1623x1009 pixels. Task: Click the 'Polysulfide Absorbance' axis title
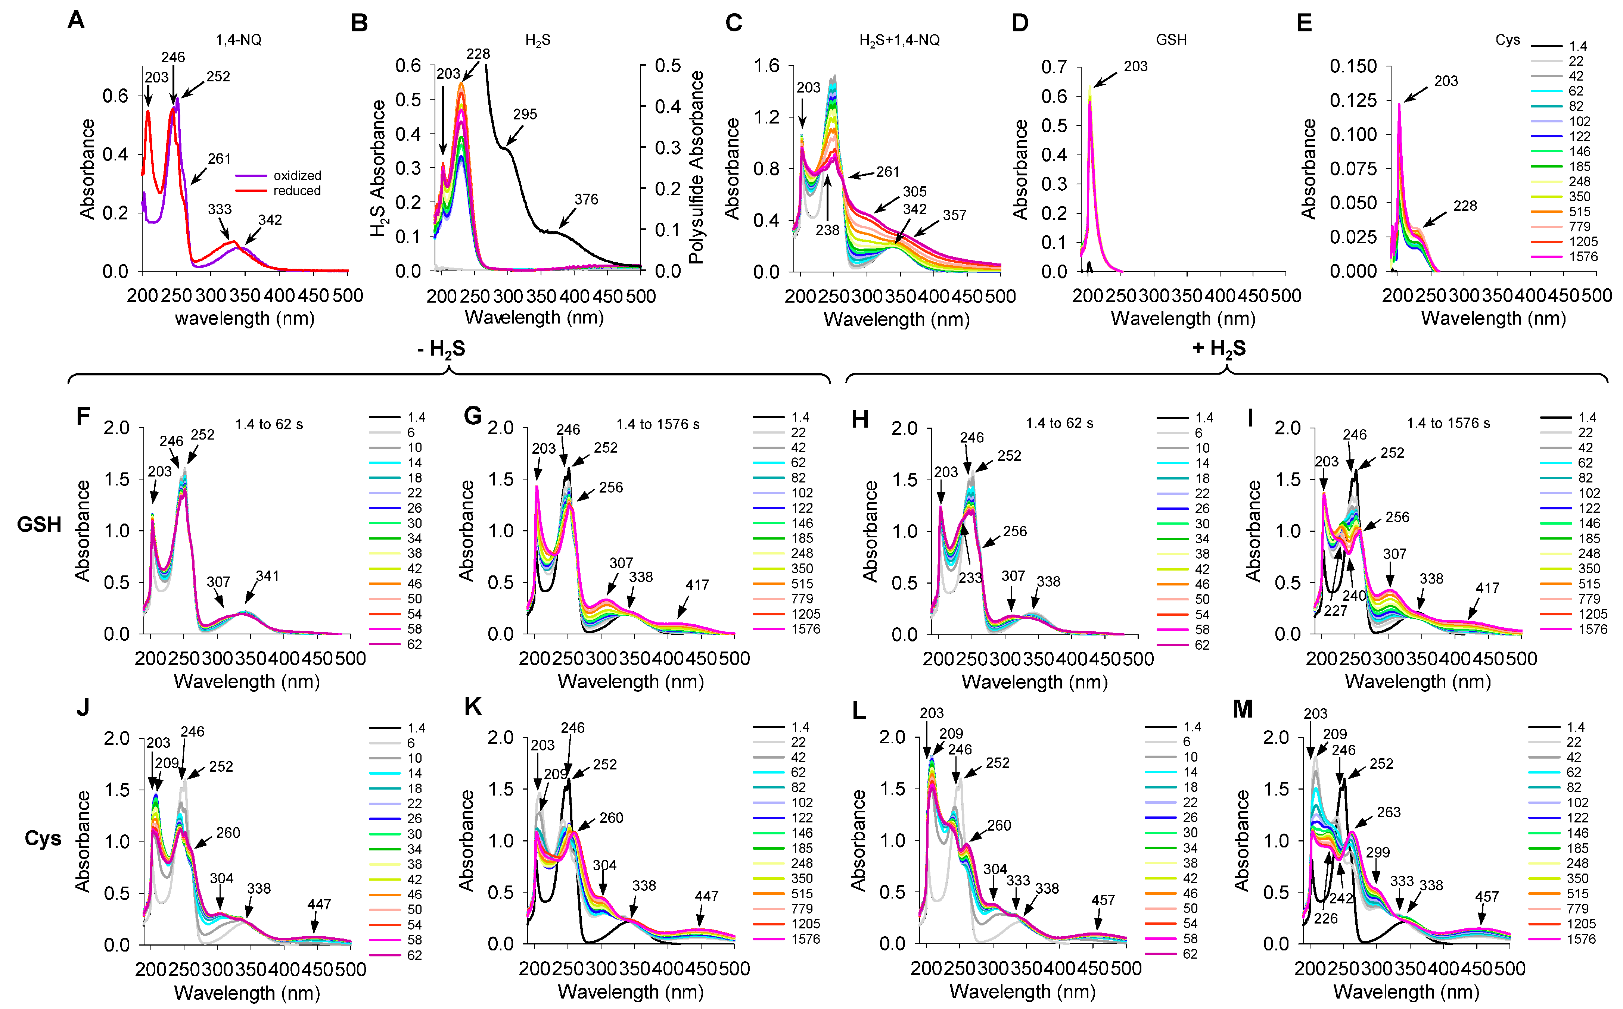(696, 167)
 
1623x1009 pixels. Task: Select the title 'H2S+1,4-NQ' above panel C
(899, 40)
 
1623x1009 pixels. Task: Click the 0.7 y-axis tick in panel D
(1054, 67)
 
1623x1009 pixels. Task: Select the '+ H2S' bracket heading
(1219, 349)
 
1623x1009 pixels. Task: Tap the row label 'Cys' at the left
(43, 838)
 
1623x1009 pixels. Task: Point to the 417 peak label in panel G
(697, 585)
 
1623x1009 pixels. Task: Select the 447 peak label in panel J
(319, 904)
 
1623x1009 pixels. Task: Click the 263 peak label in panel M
(1389, 812)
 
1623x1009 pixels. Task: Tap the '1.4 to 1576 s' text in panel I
(1448, 423)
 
